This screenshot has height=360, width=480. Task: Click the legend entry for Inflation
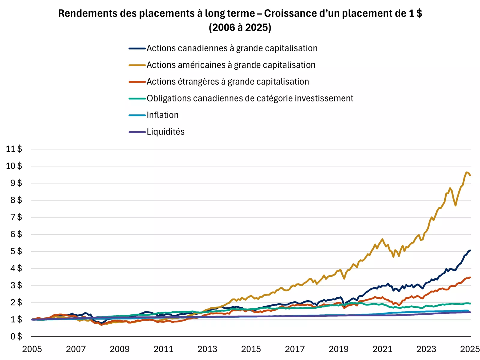click(162, 115)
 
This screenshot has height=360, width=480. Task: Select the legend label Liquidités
click(165, 132)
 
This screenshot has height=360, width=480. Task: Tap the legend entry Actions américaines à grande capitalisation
click(231, 65)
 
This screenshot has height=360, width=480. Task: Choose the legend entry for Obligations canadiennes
click(250, 98)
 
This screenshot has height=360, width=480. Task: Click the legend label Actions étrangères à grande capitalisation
click(227, 82)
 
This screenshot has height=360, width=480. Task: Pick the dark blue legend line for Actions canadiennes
click(137, 48)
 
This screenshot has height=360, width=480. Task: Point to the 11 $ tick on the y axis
click(14, 149)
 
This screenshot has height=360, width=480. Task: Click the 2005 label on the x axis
click(32, 349)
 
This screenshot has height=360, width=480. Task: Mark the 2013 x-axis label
click(207, 349)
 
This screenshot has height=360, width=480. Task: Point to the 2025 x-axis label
click(470, 349)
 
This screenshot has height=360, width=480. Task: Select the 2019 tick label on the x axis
click(338, 349)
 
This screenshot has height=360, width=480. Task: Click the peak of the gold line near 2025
click(467, 172)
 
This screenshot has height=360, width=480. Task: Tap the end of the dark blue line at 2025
click(470, 250)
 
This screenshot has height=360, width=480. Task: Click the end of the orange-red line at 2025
click(470, 277)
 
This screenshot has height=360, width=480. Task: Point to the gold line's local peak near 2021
click(382, 239)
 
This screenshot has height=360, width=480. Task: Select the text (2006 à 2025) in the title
click(240, 28)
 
